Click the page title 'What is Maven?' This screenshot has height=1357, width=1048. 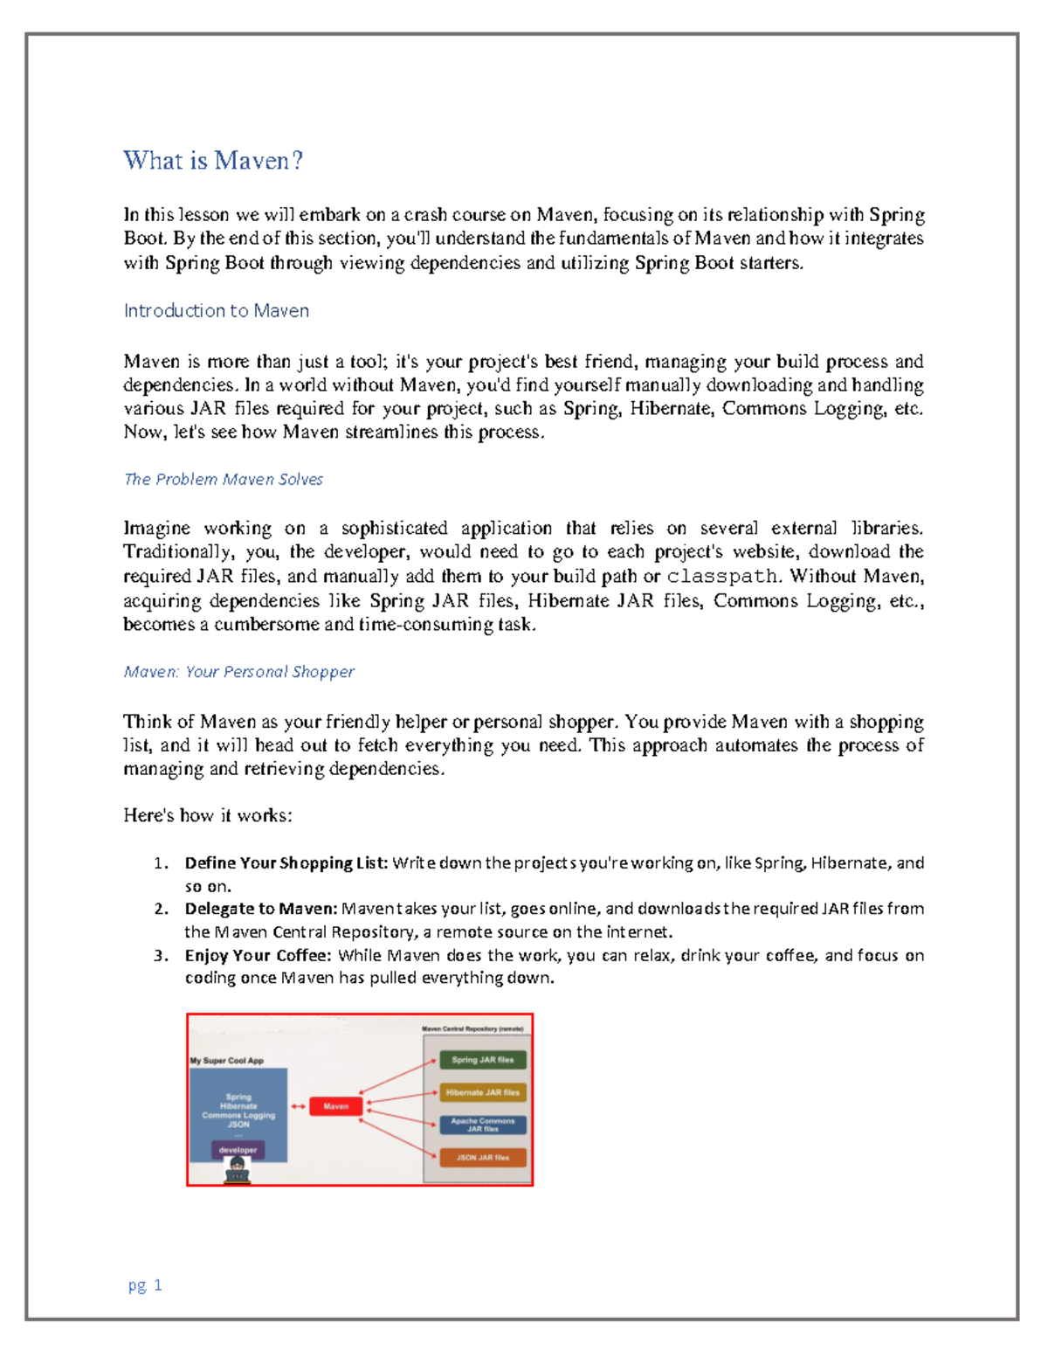pos(213,161)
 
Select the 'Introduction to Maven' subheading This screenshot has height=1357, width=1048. pos(216,311)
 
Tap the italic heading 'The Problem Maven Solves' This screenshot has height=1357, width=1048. pos(224,479)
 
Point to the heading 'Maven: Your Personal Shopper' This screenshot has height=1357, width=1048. pos(238,671)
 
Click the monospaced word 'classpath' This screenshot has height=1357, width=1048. pos(722,577)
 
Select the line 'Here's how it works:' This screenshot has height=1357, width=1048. pos(208,815)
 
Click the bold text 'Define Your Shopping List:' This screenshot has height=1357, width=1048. pos(286,863)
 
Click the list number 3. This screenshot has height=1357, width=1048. pos(160,955)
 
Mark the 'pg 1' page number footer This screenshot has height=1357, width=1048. pos(145,1284)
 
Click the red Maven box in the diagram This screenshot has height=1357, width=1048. pos(336,1106)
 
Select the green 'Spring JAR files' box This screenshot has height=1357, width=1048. pos(482,1060)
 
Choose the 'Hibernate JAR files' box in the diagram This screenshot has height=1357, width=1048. pos(482,1092)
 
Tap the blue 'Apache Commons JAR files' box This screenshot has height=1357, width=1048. pos(482,1125)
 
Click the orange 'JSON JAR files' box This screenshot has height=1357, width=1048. pos(482,1157)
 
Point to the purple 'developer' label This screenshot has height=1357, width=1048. pos(238,1150)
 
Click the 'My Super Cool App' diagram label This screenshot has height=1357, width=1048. pos(227,1061)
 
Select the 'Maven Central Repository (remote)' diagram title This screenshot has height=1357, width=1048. pos(472,1028)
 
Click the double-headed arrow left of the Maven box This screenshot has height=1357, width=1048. pos(299,1106)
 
